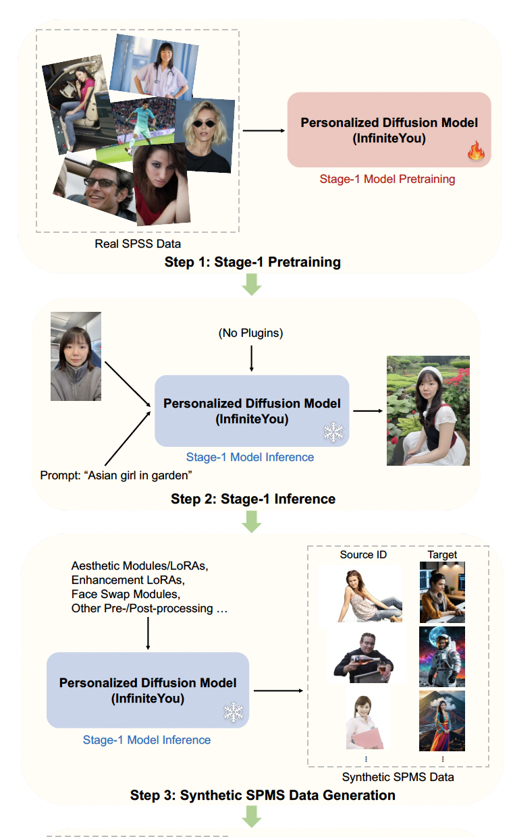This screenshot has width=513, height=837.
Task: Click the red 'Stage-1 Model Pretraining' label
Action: [387, 180]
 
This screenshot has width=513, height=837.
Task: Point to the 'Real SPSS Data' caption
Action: [138, 243]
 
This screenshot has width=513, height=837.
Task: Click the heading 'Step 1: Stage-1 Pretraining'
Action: [252, 262]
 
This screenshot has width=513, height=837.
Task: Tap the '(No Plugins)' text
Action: [251, 334]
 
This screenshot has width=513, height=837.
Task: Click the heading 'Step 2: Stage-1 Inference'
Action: [253, 500]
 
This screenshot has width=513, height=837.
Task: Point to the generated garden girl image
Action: [428, 410]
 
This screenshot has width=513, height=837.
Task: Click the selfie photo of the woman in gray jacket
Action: [76, 356]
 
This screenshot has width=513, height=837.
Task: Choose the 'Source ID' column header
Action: [363, 554]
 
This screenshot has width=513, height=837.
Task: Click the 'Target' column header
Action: [442, 554]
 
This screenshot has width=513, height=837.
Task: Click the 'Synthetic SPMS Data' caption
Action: [398, 777]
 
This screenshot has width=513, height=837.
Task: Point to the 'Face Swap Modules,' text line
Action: [115, 594]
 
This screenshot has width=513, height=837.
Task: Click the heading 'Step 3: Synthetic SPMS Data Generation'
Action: [263, 795]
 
